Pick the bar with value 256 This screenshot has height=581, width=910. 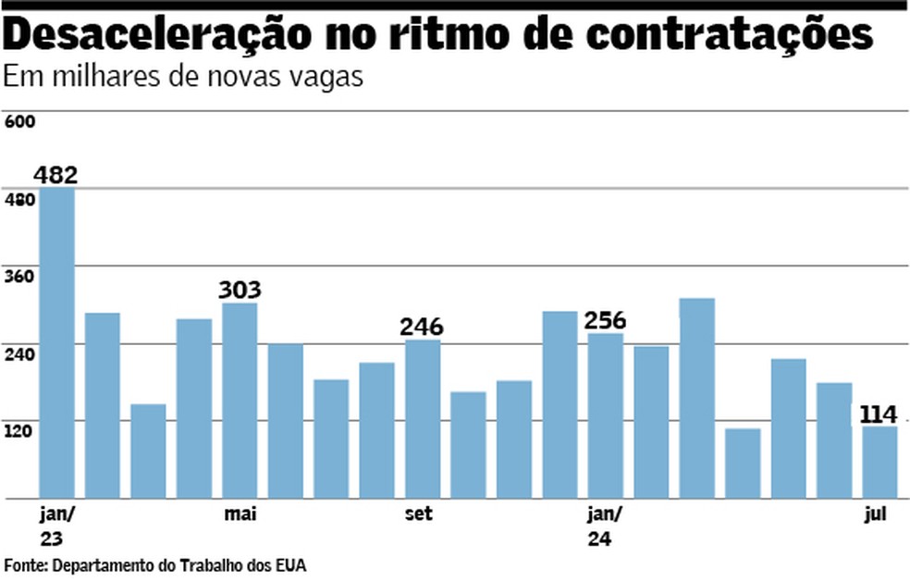pos(606,415)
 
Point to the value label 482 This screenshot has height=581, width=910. pos(55,174)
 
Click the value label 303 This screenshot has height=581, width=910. pos(240,290)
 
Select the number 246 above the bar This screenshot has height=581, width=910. pos(422,327)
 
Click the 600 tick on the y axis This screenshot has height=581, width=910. pos(19,122)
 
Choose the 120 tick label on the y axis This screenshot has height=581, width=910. pos(19,430)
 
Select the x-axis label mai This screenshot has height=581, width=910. pos(240,514)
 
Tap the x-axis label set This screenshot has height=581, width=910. pos(418,514)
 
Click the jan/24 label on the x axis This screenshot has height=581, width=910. pos(606,525)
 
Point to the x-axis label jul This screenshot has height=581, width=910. pos(875,514)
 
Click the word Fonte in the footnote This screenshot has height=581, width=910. pos(24,564)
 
